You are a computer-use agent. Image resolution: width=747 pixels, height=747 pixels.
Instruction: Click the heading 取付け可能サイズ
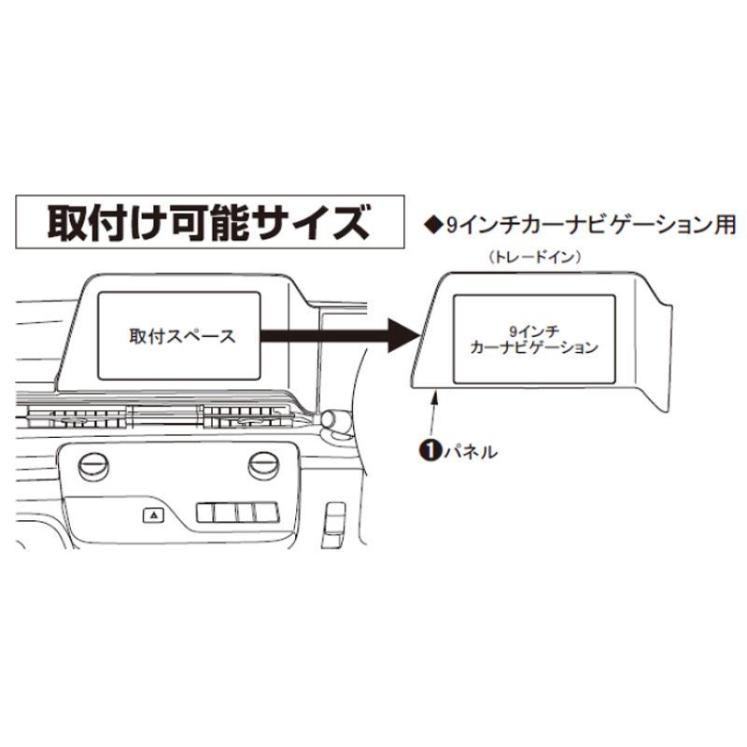tap(209, 222)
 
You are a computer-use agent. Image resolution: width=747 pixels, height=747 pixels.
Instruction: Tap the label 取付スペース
tap(182, 336)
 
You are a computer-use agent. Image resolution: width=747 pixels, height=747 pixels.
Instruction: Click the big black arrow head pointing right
tap(403, 335)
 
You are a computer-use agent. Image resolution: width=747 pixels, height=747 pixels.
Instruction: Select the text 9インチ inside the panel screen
tap(533, 331)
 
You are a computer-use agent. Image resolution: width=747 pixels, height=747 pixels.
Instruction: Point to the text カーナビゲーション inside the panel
tap(533, 347)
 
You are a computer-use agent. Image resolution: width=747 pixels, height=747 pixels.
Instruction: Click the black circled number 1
tap(430, 451)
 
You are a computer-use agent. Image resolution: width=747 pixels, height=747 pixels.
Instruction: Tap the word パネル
tap(471, 451)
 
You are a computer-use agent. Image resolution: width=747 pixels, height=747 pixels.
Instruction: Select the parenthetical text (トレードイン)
tap(535, 258)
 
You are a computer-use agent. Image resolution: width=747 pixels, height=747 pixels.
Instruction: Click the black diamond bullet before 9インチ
tap(433, 225)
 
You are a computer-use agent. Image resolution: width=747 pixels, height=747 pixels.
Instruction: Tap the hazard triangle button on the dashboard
tap(153, 514)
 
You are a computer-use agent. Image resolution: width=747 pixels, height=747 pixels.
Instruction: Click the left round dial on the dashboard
tap(93, 467)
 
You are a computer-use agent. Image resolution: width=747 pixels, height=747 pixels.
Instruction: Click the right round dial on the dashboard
tap(263, 466)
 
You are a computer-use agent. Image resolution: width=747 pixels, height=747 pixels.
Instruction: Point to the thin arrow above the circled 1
tap(433, 413)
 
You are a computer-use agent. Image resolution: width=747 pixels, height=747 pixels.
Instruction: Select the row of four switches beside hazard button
tap(238, 513)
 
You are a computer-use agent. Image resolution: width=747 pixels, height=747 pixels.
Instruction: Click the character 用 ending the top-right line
tap(726, 225)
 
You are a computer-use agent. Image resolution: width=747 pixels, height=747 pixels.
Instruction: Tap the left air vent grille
tap(78, 416)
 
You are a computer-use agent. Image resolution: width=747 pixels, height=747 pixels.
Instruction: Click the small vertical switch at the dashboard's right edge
tap(334, 525)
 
